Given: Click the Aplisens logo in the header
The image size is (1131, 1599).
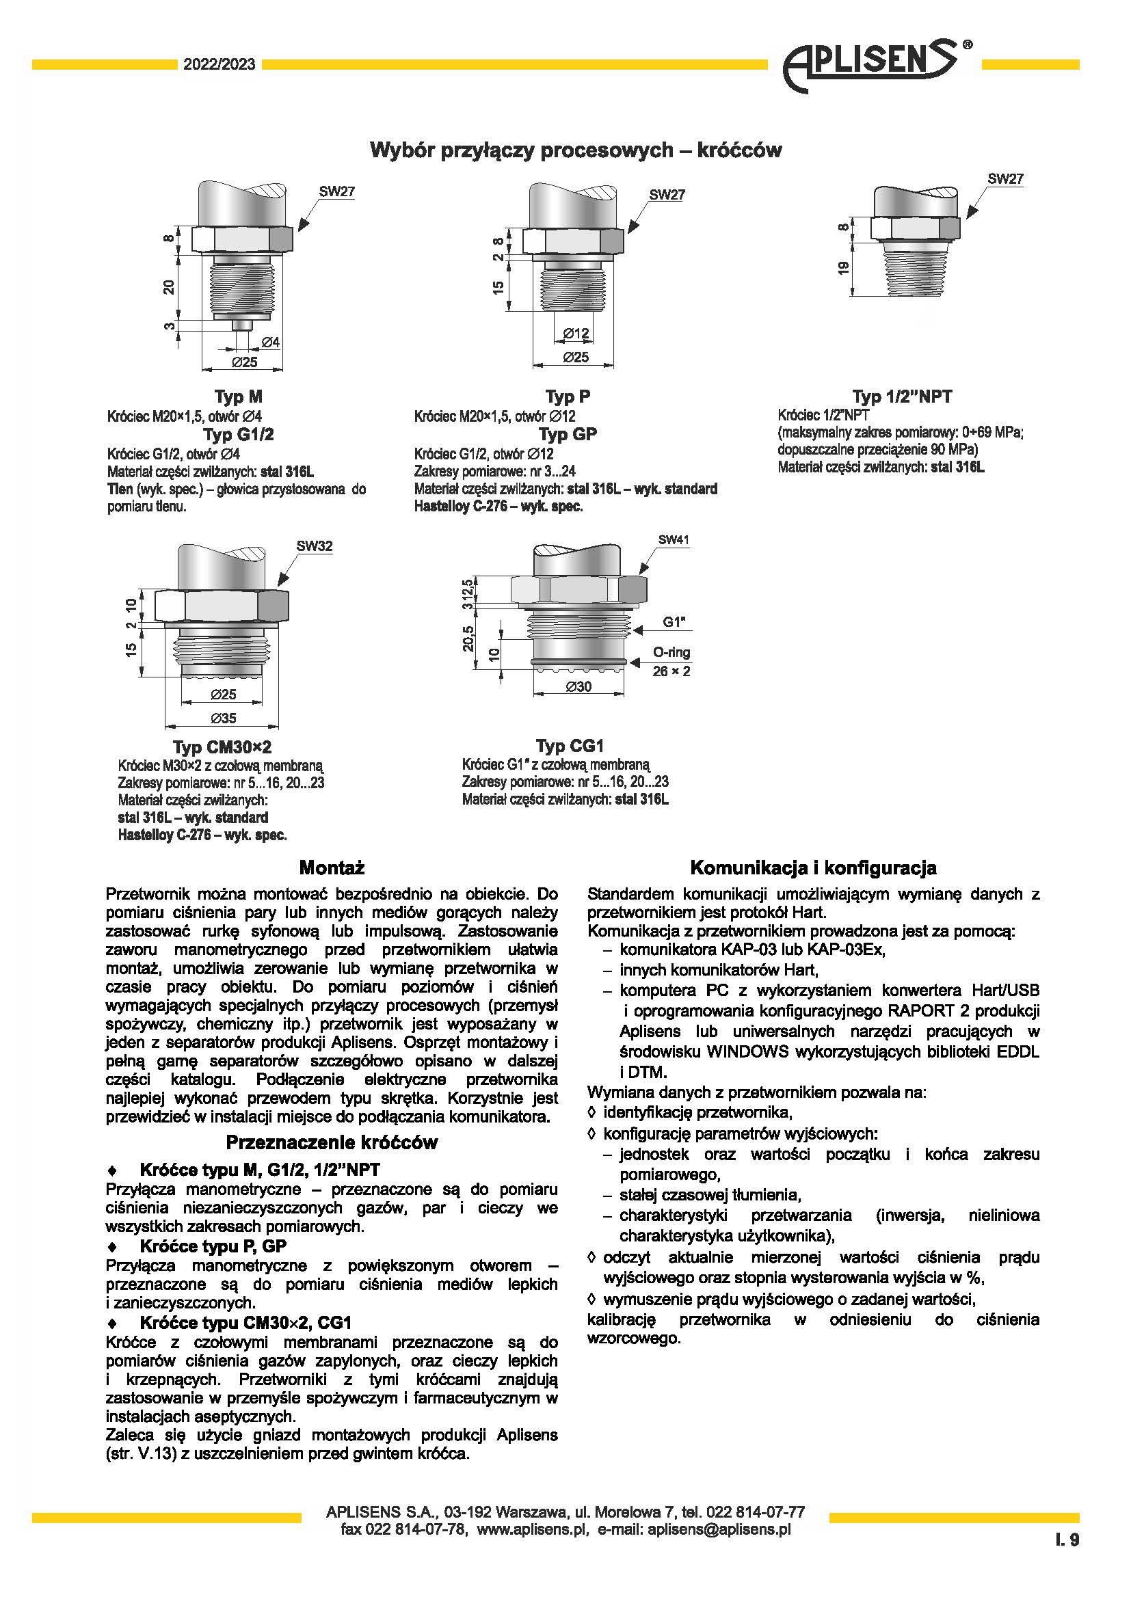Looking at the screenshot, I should click(x=874, y=65).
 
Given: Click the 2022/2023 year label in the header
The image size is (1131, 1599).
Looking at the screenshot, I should click(x=219, y=65).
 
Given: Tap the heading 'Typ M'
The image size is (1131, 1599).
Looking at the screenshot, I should click(x=238, y=397).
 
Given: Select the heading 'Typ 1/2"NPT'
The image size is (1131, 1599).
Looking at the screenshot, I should click(x=902, y=397).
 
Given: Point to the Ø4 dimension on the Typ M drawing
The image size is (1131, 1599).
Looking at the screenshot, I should click(x=270, y=342).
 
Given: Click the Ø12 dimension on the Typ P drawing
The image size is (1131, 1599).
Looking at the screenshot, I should click(x=576, y=334).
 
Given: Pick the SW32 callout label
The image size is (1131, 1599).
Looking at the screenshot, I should click(x=314, y=546).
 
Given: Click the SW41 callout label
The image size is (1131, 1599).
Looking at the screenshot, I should click(x=674, y=540).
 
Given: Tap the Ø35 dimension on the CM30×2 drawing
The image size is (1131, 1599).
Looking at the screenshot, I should click(x=223, y=718).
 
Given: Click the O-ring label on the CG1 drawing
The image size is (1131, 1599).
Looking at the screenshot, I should click(x=671, y=653).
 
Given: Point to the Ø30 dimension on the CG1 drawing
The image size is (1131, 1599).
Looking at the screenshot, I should click(x=578, y=686).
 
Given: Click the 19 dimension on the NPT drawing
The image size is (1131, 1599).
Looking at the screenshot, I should click(x=843, y=267).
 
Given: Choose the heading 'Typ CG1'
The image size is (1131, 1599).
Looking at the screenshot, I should click(x=570, y=747).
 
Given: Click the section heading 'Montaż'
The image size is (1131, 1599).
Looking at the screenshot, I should click(x=332, y=868).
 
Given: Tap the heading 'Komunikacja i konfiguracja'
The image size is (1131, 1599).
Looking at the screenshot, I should click(x=813, y=868).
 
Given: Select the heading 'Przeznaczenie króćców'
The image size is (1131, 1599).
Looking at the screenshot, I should click(x=332, y=1143).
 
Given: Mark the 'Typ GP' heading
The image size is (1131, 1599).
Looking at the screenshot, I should click(x=568, y=435).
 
